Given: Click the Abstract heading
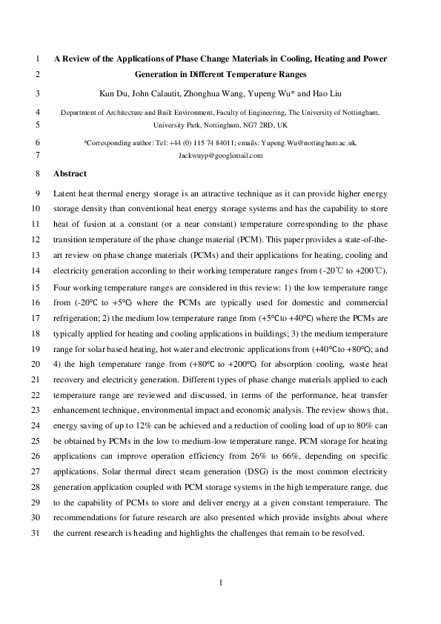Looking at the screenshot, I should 70,173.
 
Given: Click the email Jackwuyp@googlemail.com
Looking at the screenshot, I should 220,156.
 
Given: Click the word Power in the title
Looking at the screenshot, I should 372,58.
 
